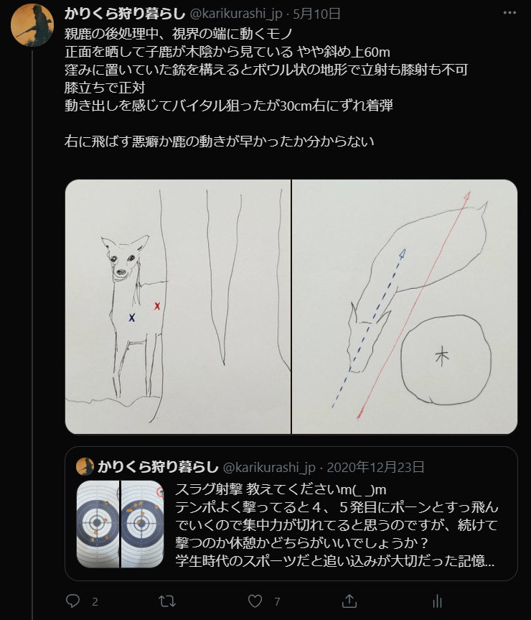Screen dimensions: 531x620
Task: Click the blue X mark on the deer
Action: pos(132,317)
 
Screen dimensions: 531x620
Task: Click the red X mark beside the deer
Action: pos(157,305)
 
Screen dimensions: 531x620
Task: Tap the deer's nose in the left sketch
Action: pos(120,272)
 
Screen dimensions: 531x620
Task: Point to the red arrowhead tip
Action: pos(469,192)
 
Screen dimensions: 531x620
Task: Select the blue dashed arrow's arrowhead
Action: pos(403,253)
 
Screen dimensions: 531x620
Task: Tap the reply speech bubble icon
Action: pos(72,601)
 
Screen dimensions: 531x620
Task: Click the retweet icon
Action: pos(167,601)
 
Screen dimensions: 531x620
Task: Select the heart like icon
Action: pos(255,601)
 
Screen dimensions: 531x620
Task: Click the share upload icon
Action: pos(349,601)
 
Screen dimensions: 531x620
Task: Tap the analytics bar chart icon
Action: pos(437,601)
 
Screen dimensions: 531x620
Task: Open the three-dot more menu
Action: pos(509,13)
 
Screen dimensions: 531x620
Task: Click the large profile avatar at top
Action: pos(32,25)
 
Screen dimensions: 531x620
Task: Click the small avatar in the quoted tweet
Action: pos(85,467)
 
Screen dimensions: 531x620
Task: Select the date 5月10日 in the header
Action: pos(316,14)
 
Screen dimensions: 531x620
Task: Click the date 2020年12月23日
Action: pos(375,467)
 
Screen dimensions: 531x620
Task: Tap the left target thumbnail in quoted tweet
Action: pos(98,524)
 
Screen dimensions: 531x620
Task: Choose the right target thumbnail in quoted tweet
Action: pos(143,524)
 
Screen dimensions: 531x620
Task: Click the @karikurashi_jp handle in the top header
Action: pos(236,14)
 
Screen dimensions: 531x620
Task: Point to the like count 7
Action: pos(277,602)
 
